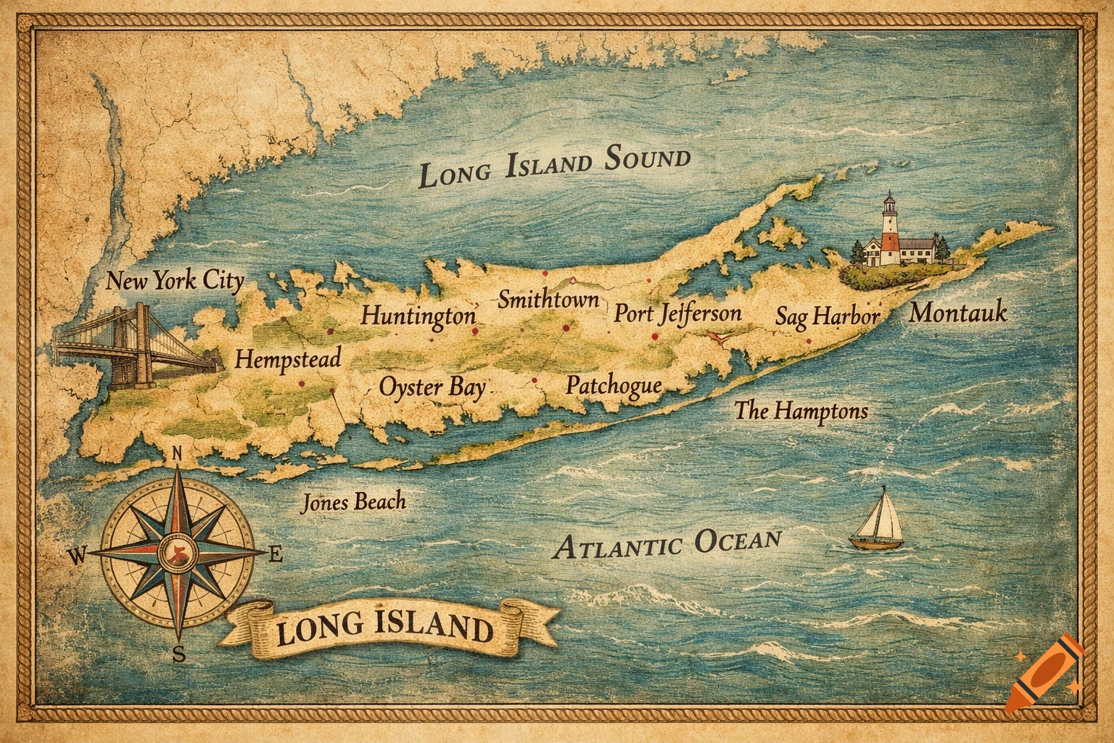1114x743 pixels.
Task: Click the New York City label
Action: click(x=175, y=281)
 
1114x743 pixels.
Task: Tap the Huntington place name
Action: click(x=419, y=316)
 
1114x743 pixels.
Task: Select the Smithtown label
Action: click(x=548, y=299)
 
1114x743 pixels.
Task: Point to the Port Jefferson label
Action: click(x=677, y=313)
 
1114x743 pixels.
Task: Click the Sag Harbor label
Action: click(x=827, y=317)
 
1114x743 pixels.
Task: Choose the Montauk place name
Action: click(x=958, y=313)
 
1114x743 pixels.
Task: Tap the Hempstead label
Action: click(x=288, y=359)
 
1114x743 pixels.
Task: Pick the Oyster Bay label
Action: click(x=433, y=387)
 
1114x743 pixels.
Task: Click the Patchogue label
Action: click(x=614, y=385)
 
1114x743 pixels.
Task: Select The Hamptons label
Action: click(x=801, y=411)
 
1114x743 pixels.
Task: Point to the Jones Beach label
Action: click(x=353, y=502)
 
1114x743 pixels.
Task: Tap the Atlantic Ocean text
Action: click(x=667, y=543)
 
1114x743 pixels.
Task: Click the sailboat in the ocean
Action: click(x=878, y=520)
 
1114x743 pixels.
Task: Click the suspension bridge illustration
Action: click(x=138, y=347)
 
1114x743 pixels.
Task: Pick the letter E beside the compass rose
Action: click(x=276, y=556)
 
